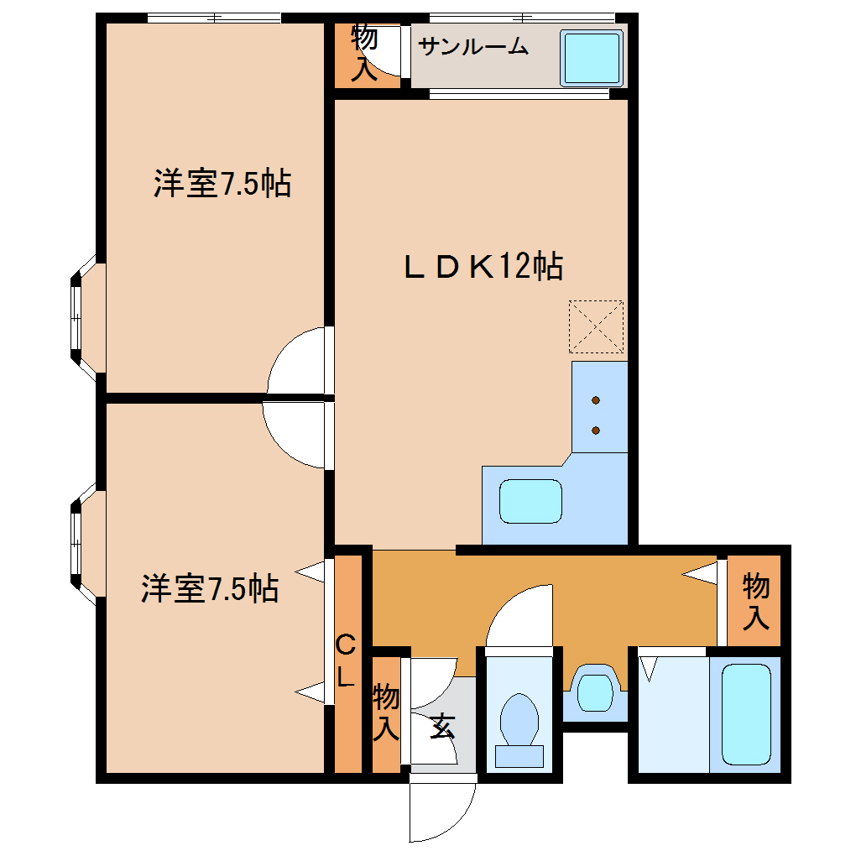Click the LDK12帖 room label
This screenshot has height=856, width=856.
tap(482, 267)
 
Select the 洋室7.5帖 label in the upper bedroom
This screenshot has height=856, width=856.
tap(222, 183)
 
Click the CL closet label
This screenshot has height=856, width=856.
tap(346, 661)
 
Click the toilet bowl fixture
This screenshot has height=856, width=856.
tap(519, 721)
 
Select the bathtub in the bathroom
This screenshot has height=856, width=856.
tap(745, 714)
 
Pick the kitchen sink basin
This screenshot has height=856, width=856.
tap(530, 501)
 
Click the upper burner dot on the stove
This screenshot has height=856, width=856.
tap(596, 399)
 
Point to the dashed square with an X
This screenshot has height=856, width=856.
tap(596, 326)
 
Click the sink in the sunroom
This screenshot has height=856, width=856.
tap(592, 58)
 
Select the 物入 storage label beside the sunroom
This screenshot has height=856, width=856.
tap(363, 53)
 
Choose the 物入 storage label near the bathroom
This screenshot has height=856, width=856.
tap(755, 602)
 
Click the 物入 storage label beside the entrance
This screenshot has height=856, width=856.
tap(385, 712)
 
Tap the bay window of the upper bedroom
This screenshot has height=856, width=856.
tap(83, 317)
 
